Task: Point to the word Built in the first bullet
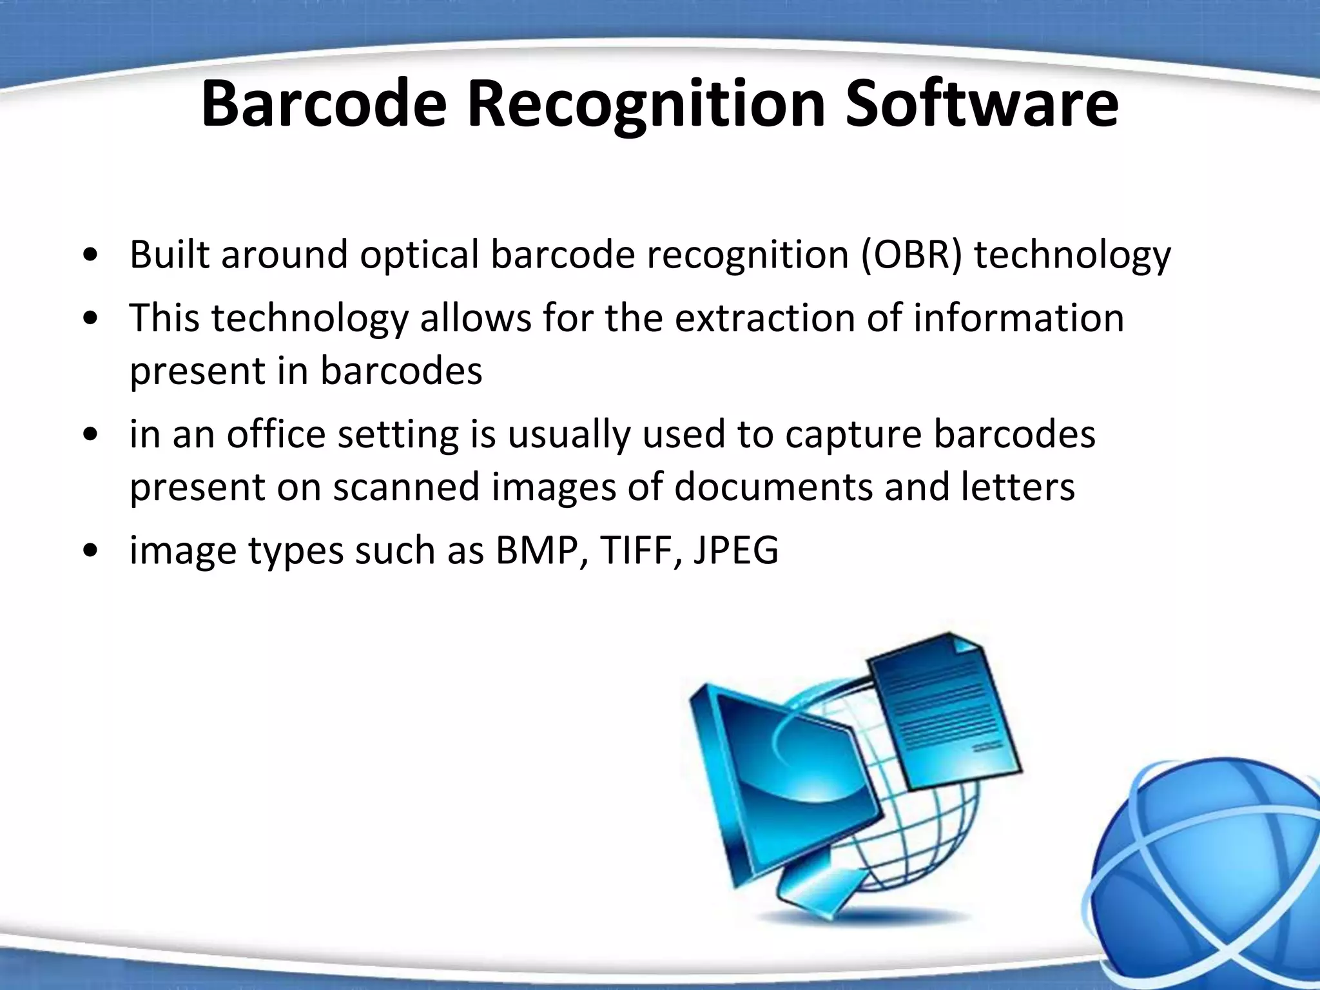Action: (170, 255)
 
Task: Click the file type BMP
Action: (536, 550)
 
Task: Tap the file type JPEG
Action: (736, 550)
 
